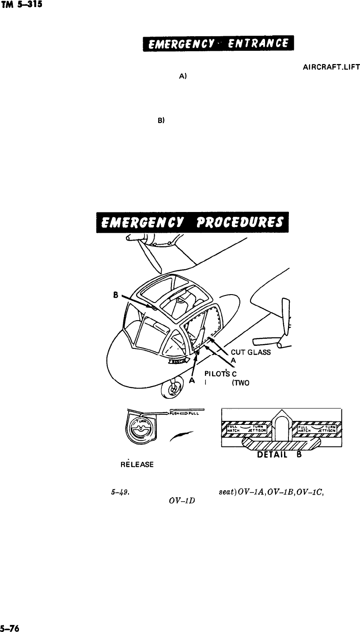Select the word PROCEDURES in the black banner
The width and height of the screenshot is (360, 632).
coord(239,223)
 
